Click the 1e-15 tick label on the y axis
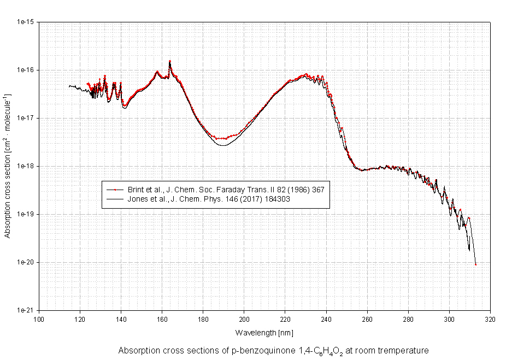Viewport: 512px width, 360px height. click(27, 22)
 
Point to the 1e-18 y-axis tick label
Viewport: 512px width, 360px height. click(27, 166)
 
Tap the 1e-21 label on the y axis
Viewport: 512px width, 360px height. click(27, 310)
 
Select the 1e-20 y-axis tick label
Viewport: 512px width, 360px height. click(27, 262)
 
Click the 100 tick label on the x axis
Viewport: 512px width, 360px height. click(39, 320)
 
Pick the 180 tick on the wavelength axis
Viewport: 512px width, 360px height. click(203, 320)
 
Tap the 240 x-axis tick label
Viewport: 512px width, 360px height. click(326, 320)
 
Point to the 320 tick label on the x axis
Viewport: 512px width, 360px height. click(490, 320)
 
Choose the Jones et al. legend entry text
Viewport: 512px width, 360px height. click(208, 199)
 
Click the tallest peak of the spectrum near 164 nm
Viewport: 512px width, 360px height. click(170, 61)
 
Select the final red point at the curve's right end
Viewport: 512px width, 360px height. click(476, 264)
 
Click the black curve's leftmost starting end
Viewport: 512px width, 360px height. click(69, 86)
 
